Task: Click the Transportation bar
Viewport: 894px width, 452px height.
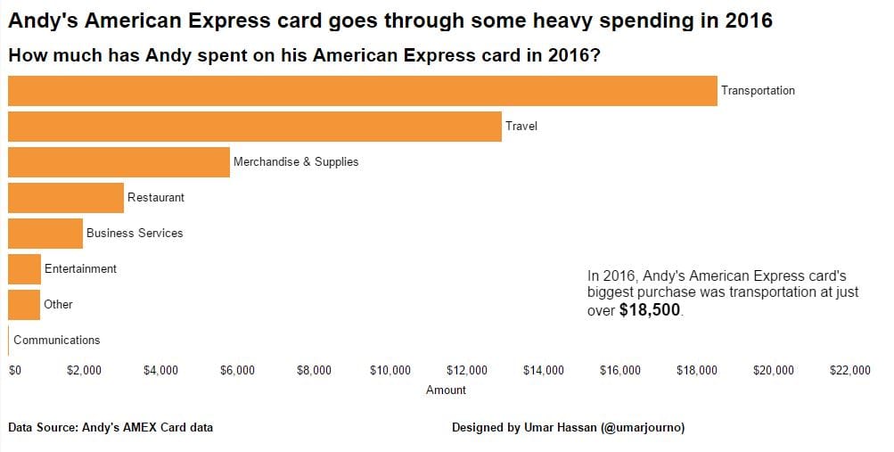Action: coord(362,91)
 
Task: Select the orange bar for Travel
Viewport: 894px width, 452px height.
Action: coord(254,127)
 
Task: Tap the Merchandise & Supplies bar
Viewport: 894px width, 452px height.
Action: coord(119,162)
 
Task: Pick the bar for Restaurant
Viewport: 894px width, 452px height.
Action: coord(66,198)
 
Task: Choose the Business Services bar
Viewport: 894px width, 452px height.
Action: coord(45,234)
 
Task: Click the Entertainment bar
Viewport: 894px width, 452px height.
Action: coord(24,269)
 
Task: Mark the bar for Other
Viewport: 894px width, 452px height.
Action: coord(24,305)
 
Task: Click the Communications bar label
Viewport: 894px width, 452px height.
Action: coord(57,341)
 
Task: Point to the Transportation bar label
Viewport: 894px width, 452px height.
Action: coord(758,91)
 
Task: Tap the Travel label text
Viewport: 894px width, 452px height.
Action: coord(521,127)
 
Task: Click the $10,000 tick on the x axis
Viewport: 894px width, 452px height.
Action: coord(390,371)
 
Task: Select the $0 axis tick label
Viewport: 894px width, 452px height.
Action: coord(14,371)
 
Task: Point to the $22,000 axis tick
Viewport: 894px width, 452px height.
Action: coord(849,371)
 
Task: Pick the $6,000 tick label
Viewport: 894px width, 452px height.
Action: coord(237,371)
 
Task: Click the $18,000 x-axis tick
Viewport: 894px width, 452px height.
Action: coord(696,371)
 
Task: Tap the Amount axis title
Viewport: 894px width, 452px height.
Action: coord(446,390)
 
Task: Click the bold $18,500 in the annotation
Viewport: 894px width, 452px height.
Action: coord(650,310)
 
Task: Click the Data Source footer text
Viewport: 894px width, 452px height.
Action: coord(111,428)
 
